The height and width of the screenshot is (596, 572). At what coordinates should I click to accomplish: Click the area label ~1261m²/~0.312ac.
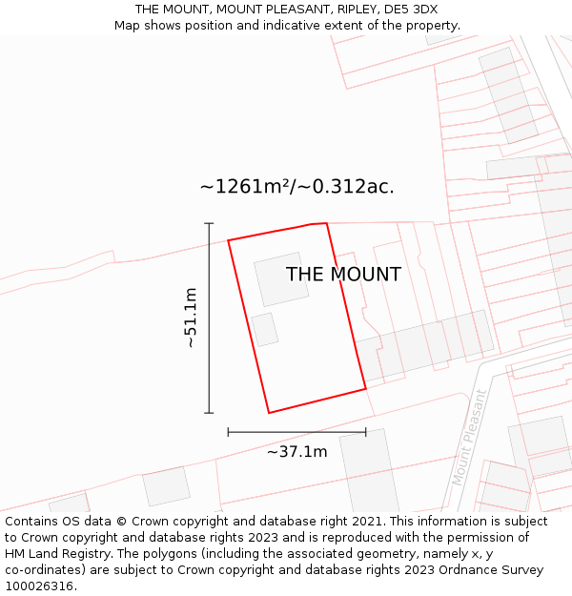(x=296, y=187)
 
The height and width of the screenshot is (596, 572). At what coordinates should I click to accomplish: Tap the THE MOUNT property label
(x=343, y=275)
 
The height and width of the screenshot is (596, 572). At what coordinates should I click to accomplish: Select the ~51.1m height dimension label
(x=191, y=318)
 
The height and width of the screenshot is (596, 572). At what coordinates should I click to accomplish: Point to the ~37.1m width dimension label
(x=296, y=452)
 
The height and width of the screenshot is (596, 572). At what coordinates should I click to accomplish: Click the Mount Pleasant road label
(x=468, y=438)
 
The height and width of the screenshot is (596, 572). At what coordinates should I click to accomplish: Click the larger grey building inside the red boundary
(x=281, y=278)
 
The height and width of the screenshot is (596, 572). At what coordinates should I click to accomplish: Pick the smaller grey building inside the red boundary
(x=264, y=330)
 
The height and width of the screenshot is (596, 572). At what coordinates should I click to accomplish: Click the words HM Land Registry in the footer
(x=56, y=554)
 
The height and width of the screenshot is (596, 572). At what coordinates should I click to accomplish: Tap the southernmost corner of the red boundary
(x=269, y=413)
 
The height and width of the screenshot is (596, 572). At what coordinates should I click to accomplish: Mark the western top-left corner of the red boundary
(x=228, y=240)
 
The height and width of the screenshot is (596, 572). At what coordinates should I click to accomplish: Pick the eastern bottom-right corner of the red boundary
(x=366, y=389)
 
